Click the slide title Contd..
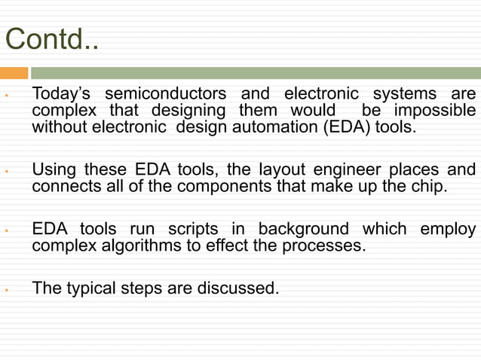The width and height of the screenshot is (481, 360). pos(51,39)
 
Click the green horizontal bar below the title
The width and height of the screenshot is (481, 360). pos(255,73)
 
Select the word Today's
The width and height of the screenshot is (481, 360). pos(63,94)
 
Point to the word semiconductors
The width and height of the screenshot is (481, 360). pos(165,94)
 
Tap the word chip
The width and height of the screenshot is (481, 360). pos(430,185)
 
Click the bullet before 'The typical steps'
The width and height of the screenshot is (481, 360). pos(6,288)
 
